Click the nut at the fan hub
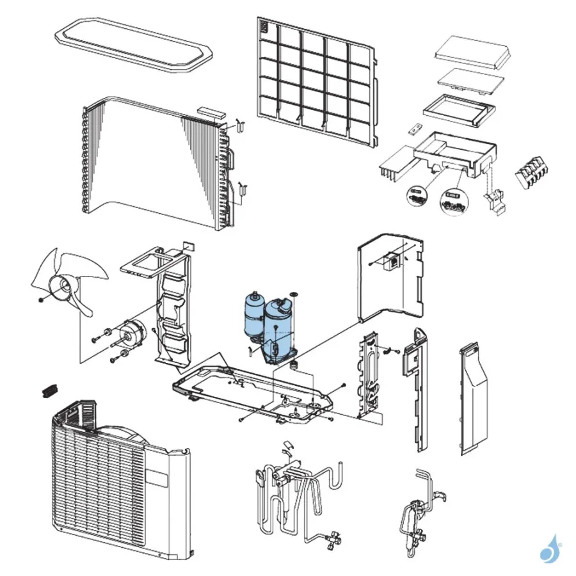click(40, 300)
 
